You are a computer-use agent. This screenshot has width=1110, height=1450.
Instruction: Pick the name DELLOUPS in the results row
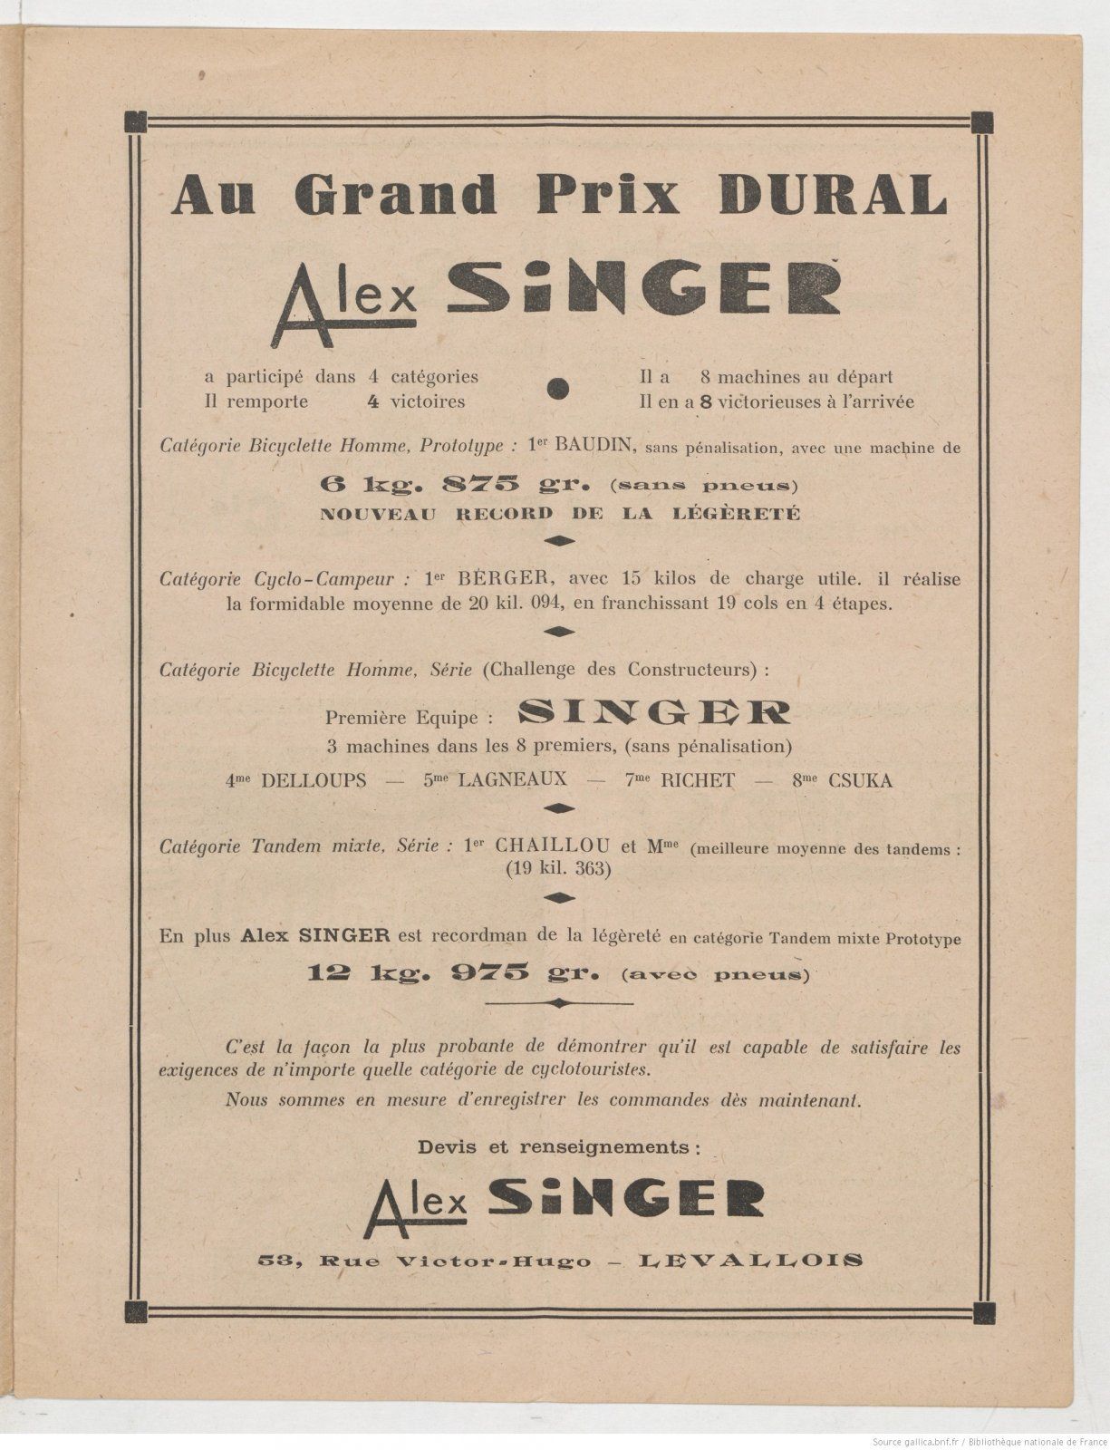click(x=314, y=780)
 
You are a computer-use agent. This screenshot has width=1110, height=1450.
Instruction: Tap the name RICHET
click(x=696, y=780)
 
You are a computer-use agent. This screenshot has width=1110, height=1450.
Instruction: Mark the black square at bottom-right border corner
click(x=979, y=1308)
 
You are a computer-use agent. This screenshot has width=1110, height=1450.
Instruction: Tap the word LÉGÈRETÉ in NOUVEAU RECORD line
click(x=748, y=513)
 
